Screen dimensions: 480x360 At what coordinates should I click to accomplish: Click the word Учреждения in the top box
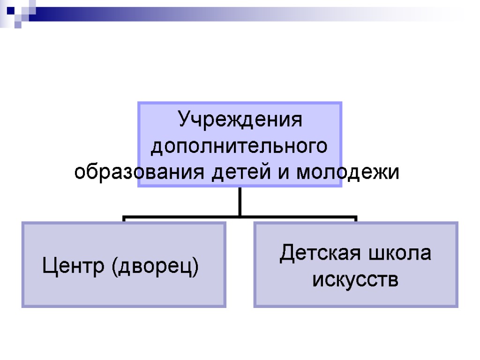tap(240, 120)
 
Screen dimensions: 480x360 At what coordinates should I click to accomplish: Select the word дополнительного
tap(240, 147)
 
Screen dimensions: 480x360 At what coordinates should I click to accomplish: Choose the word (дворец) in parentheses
tap(155, 267)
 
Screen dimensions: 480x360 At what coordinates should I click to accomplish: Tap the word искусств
tap(355, 280)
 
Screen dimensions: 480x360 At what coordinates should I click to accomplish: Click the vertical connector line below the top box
tap(240, 202)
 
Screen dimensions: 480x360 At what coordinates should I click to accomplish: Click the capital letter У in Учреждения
tap(184, 120)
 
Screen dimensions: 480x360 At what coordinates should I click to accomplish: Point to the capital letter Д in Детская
tap(287, 255)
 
